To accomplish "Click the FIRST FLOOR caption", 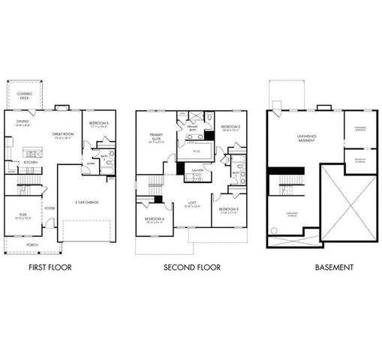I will coord(50,266).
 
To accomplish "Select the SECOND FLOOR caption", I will coord(191,266).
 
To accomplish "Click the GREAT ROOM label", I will coord(63,135).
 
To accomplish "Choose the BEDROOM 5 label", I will coord(98,124).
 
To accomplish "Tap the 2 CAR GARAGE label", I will coord(88,202).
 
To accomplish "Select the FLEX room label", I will coord(23,215).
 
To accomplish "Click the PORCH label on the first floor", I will coord(32,244).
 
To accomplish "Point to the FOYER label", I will coord(50,208).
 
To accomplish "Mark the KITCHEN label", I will coord(30,162).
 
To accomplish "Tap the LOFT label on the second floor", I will coord(192,202).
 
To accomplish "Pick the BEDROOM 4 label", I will coord(154,219).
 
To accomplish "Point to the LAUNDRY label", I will coord(197,169).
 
